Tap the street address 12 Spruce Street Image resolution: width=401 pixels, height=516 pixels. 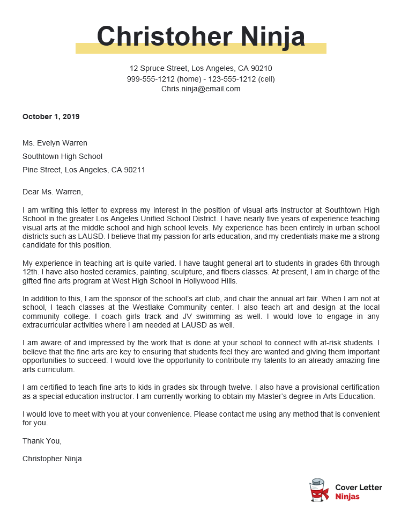tap(158, 69)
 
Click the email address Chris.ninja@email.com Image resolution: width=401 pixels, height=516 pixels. tap(200, 89)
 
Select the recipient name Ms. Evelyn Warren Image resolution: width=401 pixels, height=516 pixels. tap(55, 143)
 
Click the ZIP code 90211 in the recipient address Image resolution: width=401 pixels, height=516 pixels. tap(135, 170)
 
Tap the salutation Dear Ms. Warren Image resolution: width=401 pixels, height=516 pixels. tap(53, 191)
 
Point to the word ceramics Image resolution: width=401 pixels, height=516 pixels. tap(126, 272)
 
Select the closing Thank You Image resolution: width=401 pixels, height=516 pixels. tap(42, 441)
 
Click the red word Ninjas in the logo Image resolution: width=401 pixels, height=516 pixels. tap(347, 497)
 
